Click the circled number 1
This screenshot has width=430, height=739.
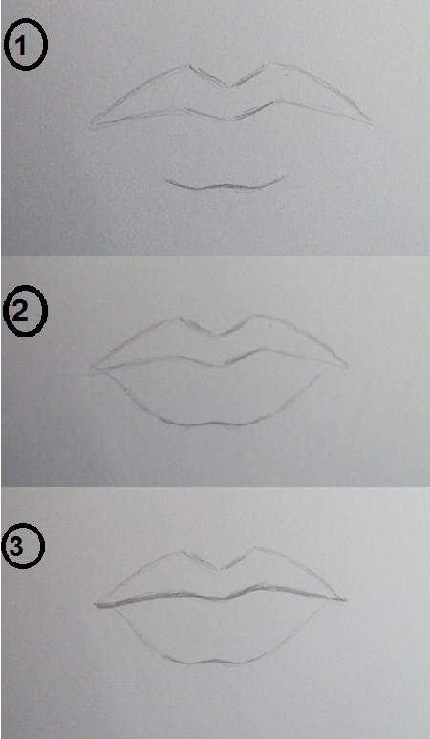[26, 44]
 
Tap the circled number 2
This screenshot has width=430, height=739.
[25, 311]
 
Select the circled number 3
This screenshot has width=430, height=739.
[24, 547]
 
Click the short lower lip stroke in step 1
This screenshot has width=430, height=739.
[226, 185]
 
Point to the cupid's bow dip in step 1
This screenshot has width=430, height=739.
[230, 87]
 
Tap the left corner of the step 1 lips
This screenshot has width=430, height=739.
[92, 126]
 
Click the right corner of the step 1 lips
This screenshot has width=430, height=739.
[371, 124]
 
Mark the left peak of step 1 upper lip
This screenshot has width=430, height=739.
[189, 66]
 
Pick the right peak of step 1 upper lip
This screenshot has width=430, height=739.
[270, 64]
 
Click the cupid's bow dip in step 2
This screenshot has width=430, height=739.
[217, 336]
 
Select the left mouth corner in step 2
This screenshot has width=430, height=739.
[93, 369]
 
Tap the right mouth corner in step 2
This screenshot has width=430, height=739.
[346, 365]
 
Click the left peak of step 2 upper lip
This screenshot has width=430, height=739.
[179, 319]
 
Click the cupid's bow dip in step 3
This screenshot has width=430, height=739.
[221, 569]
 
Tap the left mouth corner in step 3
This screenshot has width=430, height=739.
[96, 605]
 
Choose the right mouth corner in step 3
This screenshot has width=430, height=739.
[345, 600]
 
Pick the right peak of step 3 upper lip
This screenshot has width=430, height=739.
[257, 548]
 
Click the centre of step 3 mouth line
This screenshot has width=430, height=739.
[222, 598]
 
